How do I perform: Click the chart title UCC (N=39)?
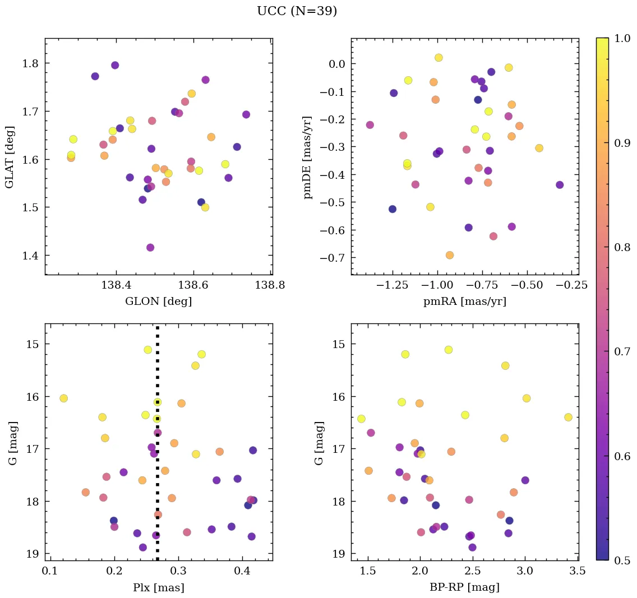[x=297, y=11]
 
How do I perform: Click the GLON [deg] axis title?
[x=158, y=302]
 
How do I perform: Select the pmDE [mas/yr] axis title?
[x=308, y=157]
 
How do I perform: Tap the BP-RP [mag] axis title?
[x=464, y=587]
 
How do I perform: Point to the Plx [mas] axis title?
[x=158, y=587]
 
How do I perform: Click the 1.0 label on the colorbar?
[x=621, y=38]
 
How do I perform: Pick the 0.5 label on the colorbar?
[x=621, y=560]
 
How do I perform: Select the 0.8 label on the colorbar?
[x=621, y=247]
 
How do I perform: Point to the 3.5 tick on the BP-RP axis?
[x=578, y=571]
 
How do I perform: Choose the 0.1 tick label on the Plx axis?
[x=51, y=571]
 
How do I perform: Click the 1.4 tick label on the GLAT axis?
[x=29, y=256]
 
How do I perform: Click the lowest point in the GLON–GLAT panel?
[x=150, y=247]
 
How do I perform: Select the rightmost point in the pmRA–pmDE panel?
[x=559, y=185]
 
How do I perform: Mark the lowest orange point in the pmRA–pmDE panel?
[x=449, y=255]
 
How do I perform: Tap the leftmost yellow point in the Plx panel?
[x=63, y=398]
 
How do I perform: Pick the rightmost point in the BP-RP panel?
[x=568, y=417]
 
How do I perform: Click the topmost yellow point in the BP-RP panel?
[x=448, y=350]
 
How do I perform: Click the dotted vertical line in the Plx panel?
[x=157, y=476]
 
